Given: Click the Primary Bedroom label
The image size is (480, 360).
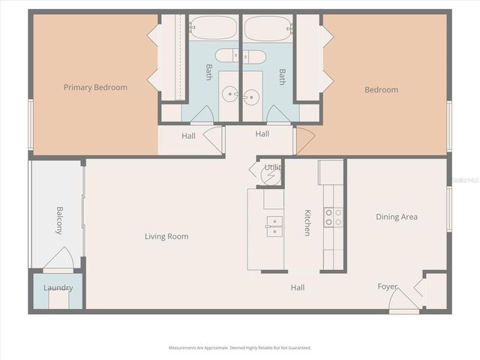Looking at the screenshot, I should click(95, 88).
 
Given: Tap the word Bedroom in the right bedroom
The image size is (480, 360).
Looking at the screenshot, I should click(381, 90).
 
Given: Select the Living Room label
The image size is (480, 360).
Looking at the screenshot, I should click(166, 237).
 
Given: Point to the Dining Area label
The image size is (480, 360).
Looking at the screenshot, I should click(397, 217).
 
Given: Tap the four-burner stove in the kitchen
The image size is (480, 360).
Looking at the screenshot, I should click(333, 217).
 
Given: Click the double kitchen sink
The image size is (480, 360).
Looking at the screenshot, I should click(274, 226).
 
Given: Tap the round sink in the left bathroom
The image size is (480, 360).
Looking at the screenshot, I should click(229, 95).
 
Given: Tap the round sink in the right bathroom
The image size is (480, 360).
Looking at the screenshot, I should click(251, 95).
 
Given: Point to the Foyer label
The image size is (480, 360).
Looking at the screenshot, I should click(387, 286).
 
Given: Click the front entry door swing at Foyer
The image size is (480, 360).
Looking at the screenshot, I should click(403, 300).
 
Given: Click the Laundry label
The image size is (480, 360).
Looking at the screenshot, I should click(58, 288).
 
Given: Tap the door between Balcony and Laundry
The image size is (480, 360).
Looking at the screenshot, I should click(58, 260).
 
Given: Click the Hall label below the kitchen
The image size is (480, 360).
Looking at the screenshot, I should click(298, 287).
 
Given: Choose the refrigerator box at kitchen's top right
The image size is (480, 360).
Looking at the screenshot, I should click(331, 172).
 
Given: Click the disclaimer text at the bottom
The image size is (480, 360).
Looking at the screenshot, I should click(240, 348).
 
